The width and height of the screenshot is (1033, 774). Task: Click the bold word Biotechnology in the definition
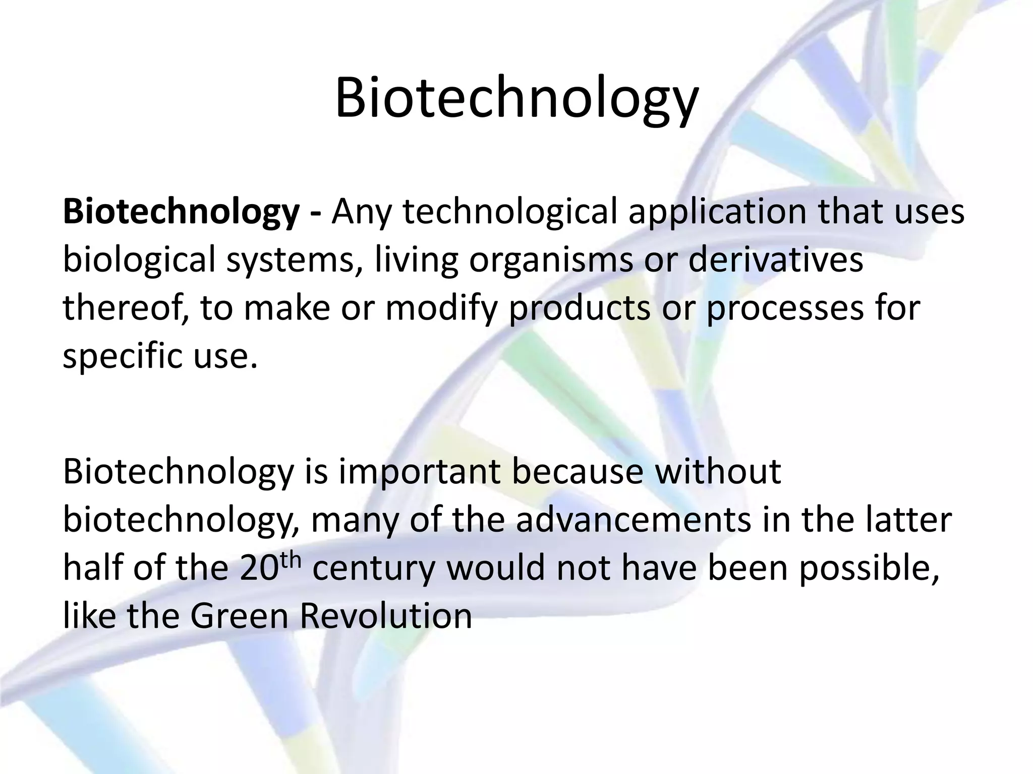point(181,213)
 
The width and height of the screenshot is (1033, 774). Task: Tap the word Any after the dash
point(361,213)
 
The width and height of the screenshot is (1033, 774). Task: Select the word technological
point(509,213)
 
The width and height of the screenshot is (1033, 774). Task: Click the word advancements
point(634,520)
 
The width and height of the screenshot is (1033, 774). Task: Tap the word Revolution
point(386,616)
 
